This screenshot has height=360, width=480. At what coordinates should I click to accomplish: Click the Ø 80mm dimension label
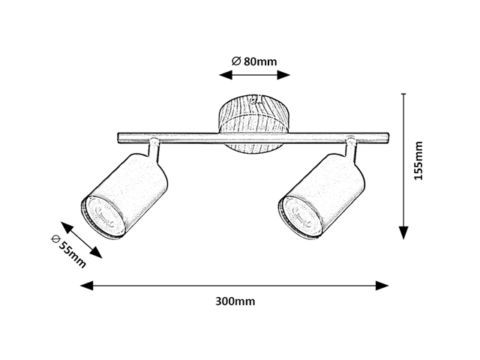tap(254, 61)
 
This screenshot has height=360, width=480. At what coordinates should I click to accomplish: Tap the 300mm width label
tap(235, 301)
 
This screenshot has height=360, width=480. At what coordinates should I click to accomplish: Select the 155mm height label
tap(418, 160)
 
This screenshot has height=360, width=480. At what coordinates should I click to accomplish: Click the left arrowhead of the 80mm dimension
tap(225, 75)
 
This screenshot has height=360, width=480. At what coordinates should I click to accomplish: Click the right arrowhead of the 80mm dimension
tap(283, 75)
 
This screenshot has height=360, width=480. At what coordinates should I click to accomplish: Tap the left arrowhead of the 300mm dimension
tap(86, 286)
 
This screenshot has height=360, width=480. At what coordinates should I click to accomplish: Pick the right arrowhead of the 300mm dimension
tap(382, 286)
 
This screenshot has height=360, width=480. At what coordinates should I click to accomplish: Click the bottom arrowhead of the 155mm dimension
tap(403, 233)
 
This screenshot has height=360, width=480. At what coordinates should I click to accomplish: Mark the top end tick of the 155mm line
tap(403, 94)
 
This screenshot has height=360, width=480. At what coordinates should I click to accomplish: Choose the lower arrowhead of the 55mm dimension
tap(96, 253)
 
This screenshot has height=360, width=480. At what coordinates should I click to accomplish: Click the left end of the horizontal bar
tap(119, 138)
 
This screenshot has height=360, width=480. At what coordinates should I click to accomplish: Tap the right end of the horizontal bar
tap(388, 138)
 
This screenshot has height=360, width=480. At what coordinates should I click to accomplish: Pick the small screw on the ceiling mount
tap(253, 100)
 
